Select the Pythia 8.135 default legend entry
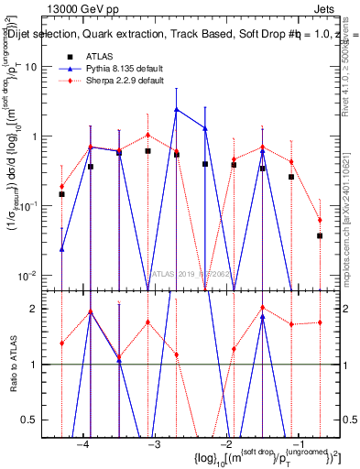115,69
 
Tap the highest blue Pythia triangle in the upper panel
177,110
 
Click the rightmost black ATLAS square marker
321,235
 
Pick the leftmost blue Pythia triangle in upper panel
61,248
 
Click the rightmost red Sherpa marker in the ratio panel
321,322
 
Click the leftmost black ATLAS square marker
61,194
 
